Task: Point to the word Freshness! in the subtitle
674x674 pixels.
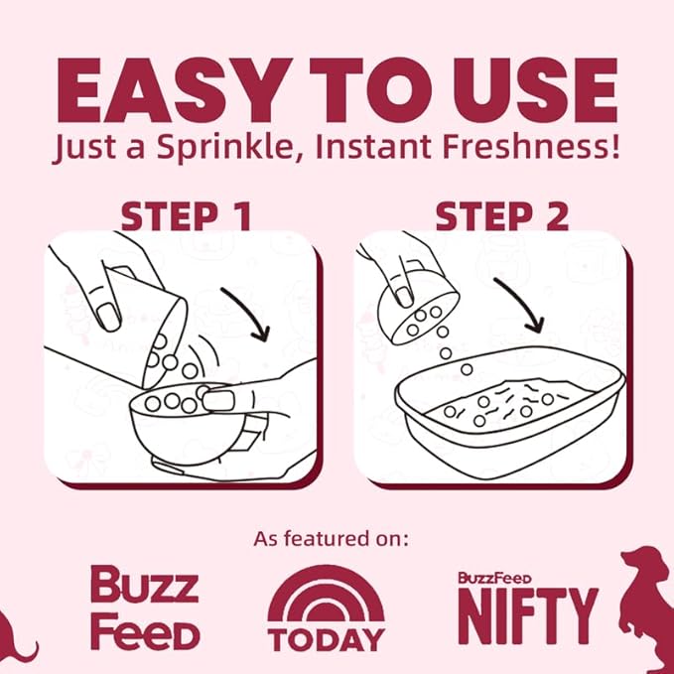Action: pos(531,146)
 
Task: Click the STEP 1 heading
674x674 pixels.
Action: pos(187,217)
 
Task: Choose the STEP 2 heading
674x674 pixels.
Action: pos(502,217)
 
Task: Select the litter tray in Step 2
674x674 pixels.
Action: pos(510,413)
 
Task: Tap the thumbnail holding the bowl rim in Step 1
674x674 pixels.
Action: pos(218,401)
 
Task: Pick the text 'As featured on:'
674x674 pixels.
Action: pos(331,539)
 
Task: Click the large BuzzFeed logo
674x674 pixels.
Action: pos(145,607)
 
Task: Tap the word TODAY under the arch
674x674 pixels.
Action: pos(327,639)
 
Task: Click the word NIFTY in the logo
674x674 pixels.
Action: pos(528,615)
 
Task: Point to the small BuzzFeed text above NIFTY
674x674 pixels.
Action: pos(495,578)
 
